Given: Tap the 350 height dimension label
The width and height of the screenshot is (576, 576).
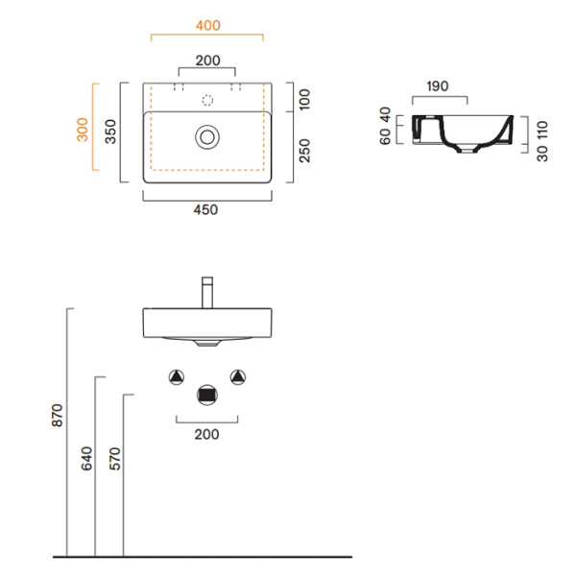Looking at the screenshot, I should click(x=110, y=132).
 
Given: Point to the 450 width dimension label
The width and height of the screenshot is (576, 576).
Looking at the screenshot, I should click(x=206, y=211).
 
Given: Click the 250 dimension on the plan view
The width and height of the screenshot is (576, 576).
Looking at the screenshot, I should click(x=304, y=150).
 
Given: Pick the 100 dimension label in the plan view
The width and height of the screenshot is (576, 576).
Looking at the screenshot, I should click(x=304, y=97).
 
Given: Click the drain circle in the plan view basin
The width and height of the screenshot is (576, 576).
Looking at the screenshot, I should click(x=206, y=136).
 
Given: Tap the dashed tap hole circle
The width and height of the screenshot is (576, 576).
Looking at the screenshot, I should click(x=206, y=99).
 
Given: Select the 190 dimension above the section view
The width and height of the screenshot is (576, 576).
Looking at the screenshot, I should click(x=438, y=86).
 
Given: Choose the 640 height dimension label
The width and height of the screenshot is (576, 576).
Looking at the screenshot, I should click(x=86, y=459).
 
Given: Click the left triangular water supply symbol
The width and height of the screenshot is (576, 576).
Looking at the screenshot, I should click(x=177, y=375).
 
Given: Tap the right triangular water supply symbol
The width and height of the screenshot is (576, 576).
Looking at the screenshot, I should click(x=237, y=375).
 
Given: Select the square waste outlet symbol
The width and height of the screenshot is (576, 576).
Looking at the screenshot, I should click(x=206, y=392).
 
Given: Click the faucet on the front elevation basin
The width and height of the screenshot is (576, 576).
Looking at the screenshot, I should click(x=206, y=292).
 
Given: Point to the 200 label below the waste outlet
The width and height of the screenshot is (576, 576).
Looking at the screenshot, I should click(x=206, y=434).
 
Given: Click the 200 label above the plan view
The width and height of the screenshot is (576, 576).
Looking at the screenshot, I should click(x=207, y=60).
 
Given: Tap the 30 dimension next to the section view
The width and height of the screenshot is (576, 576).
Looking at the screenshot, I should click(x=542, y=152).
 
